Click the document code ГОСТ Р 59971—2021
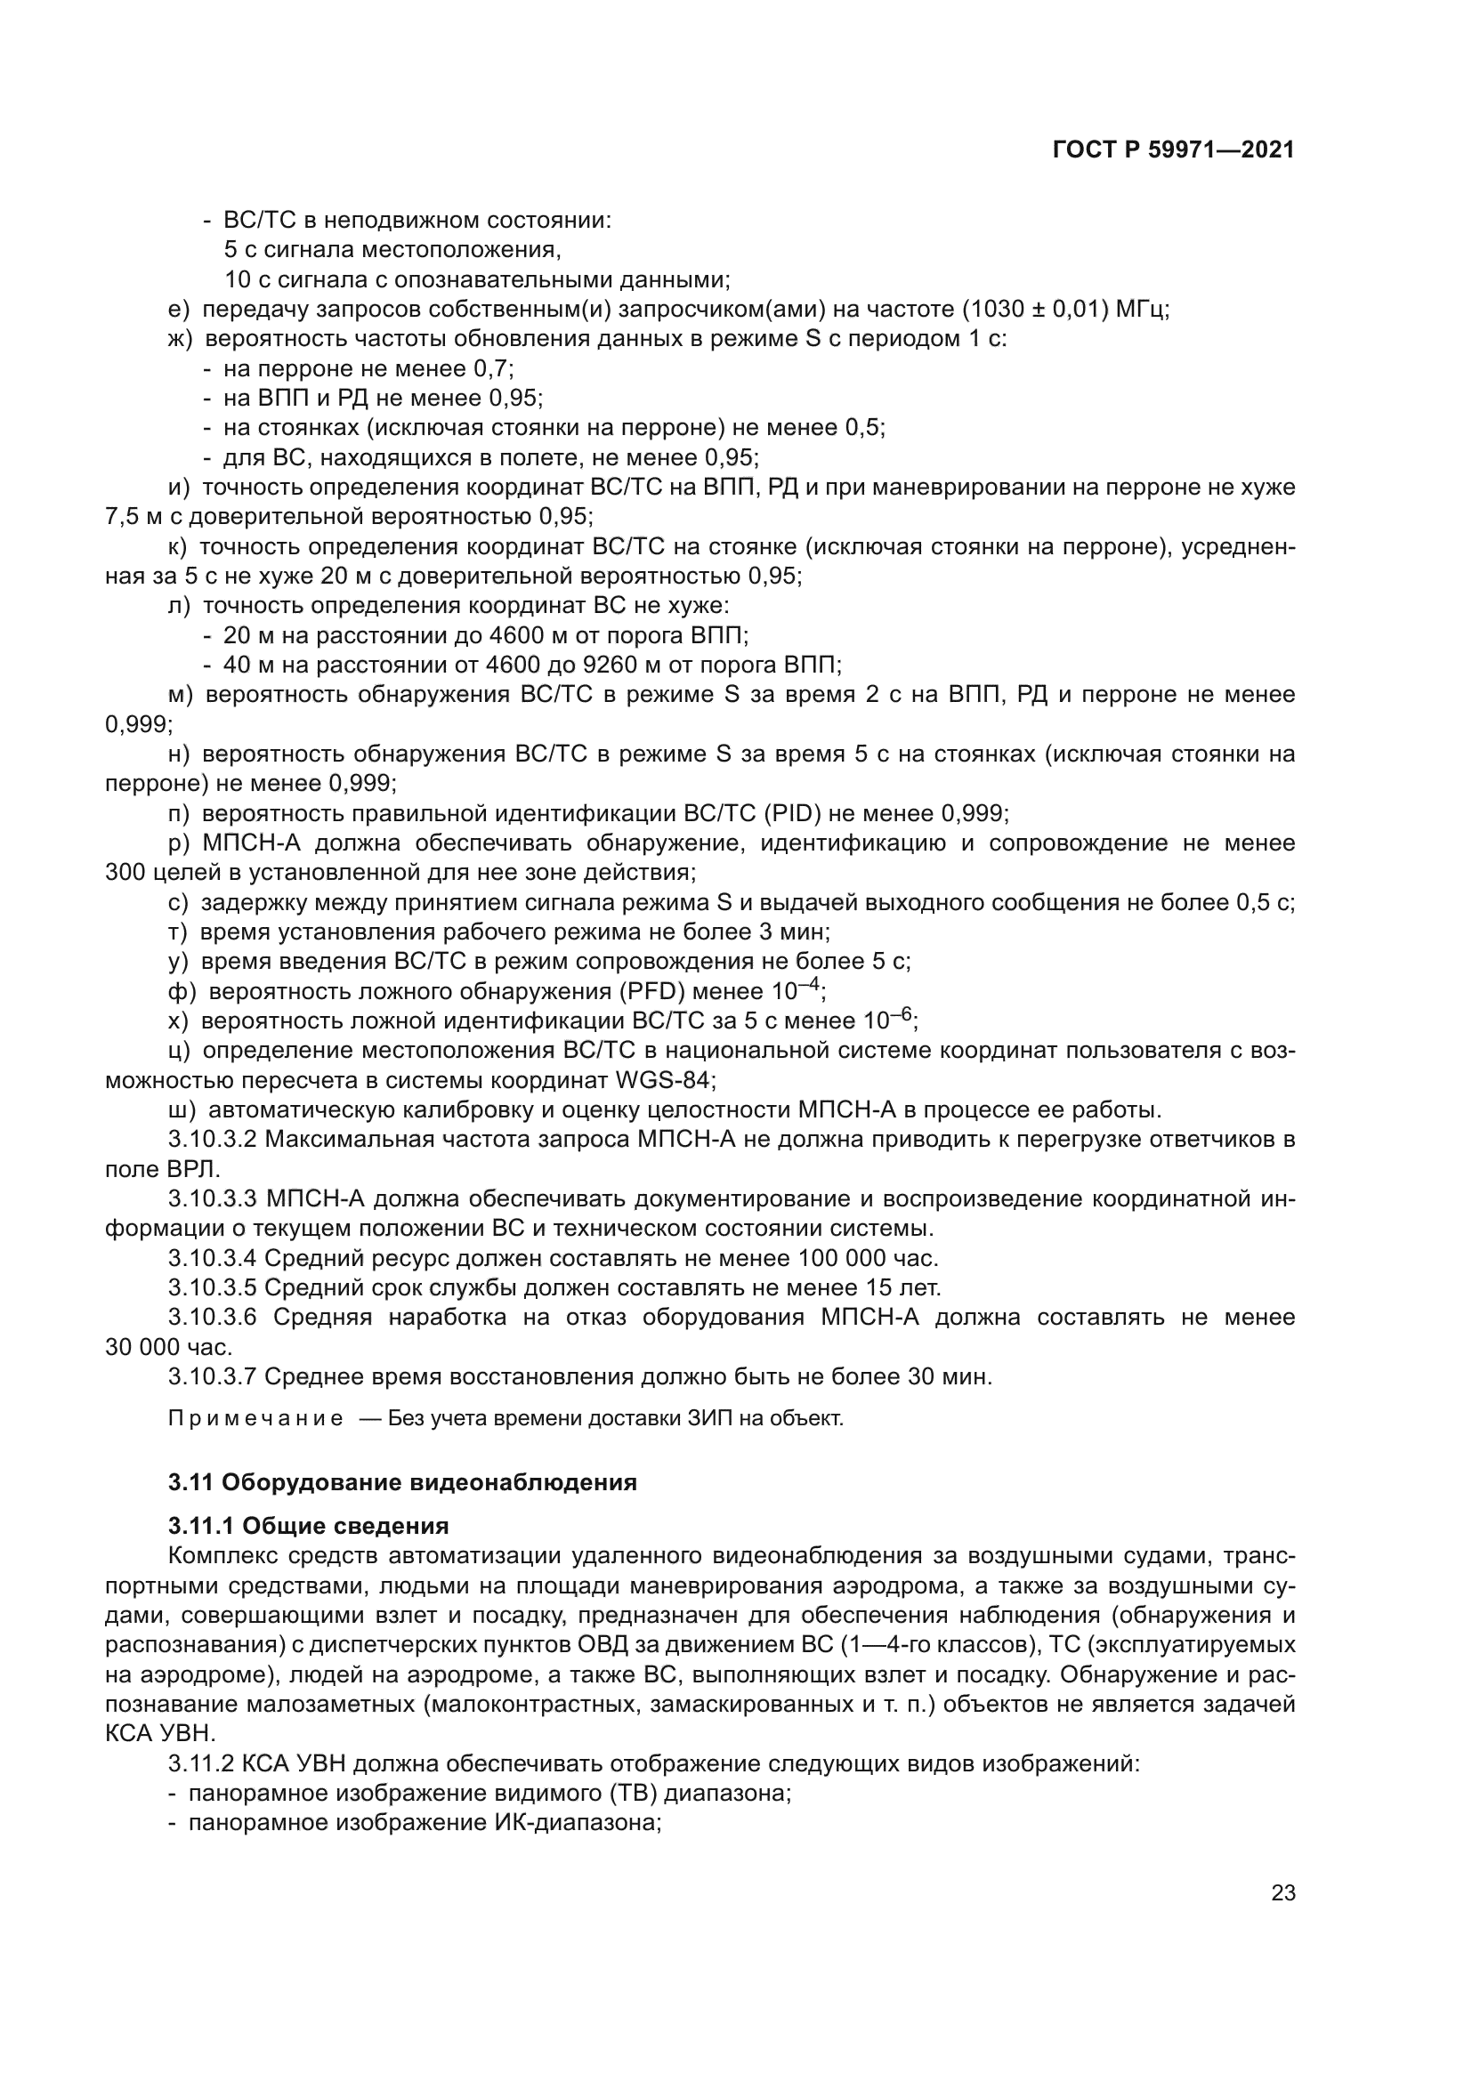[1174, 150]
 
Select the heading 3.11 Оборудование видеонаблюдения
[402, 1482]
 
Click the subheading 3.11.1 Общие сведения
[308, 1526]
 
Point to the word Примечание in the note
[255, 1418]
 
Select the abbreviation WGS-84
[666, 1080]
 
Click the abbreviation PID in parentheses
[792, 813]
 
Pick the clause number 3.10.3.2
[213, 1140]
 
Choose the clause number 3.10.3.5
[213, 1288]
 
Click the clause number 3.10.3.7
[213, 1376]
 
